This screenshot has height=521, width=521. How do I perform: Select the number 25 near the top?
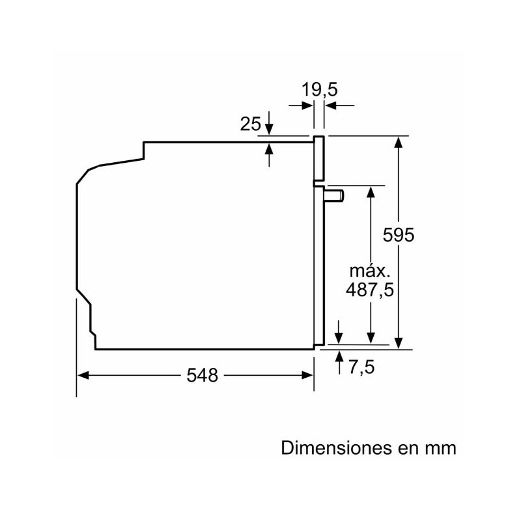(x=250, y=123)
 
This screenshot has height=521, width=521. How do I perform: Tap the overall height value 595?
(x=398, y=235)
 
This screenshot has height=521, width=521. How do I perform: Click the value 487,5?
(x=369, y=290)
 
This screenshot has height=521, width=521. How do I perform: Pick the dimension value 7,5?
(x=362, y=367)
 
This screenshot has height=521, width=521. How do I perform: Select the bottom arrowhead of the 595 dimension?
(x=399, y=343)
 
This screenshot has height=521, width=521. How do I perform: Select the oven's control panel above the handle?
(x=318, y=159)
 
